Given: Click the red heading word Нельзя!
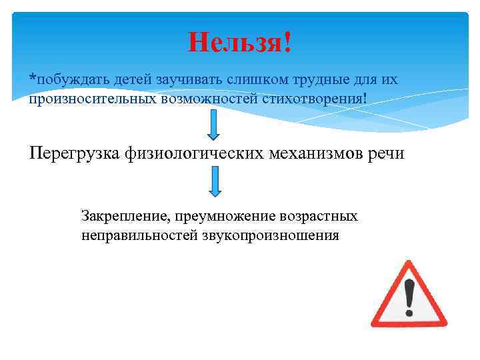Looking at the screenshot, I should [x=240, y=43].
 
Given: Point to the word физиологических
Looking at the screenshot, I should [x=201, y=153].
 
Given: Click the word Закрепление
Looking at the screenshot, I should [x=122, y=217].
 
